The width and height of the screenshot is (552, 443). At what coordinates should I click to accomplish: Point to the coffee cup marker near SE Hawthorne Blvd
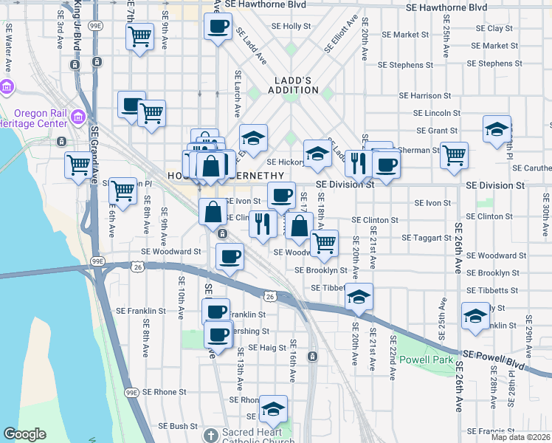(218, 27)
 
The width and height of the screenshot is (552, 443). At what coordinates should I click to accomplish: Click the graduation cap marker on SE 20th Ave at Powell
(359, 297)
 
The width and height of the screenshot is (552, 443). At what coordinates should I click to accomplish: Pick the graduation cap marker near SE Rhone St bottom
(273, 408)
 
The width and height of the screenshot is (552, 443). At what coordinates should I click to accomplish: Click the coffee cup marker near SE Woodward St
(230, 257)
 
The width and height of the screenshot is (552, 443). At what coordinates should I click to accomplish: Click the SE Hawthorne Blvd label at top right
(446, 7)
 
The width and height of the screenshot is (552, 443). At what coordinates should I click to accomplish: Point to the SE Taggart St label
(426, 238)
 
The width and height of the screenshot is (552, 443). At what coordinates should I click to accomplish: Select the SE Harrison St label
(424, 96)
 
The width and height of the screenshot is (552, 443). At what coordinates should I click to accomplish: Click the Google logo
(24, 434)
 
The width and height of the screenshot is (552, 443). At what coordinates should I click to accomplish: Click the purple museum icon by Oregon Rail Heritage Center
(7, 88)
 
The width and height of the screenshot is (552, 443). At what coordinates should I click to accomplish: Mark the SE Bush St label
(173, 426)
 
